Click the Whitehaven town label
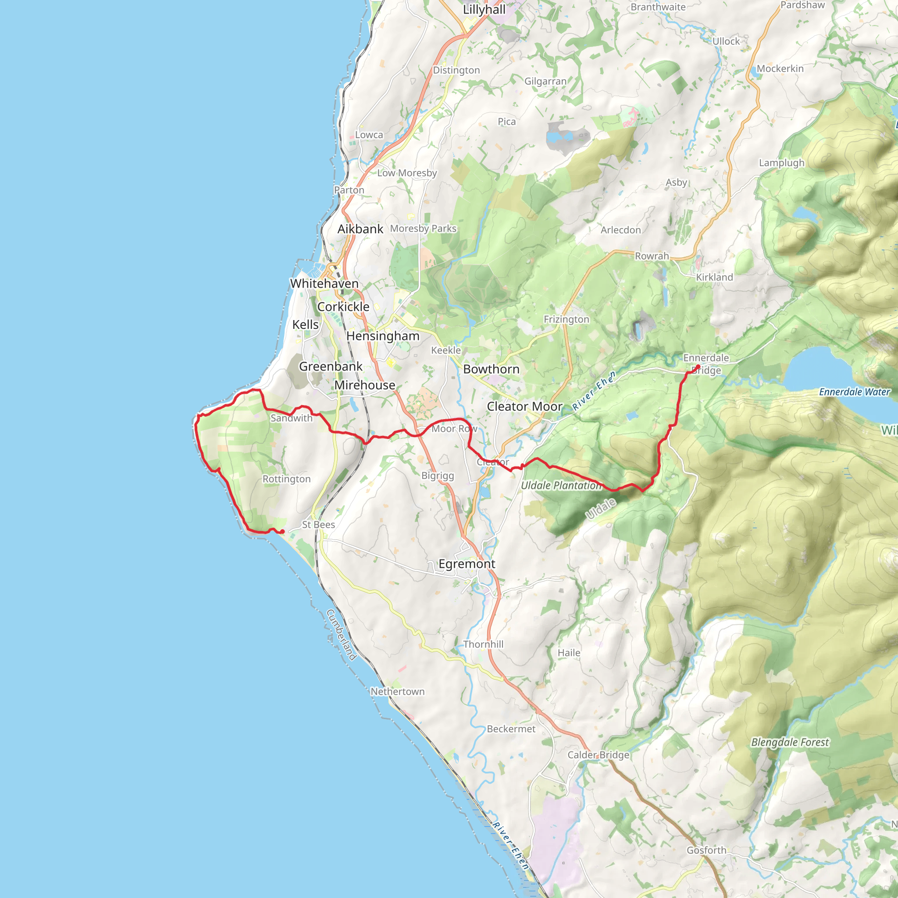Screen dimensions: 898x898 (x=324, y=284)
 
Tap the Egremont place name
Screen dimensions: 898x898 (x=467, y=564)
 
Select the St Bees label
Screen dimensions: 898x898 (x=318, y=525)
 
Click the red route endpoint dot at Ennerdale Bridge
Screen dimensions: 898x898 (x=698, y=367)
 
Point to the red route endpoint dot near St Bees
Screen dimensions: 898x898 (x=282, y=531)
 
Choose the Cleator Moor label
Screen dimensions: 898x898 (x=525, y=407)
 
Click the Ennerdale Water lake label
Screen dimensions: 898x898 (x=854, y=392)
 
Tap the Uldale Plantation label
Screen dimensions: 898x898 (x=561, y=485)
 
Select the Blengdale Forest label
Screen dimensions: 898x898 (x=790, y=742)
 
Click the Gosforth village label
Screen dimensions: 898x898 (x=706, y=850)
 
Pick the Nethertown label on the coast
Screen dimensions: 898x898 (x=397, y=691)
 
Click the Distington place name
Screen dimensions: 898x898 (x=456, y=70)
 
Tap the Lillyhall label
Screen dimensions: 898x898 (x=484, y=10)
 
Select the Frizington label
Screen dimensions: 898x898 (x=566, y=319)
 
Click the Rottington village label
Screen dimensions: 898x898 (x=286, y=479)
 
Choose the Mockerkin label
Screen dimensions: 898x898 (x=780, y=69)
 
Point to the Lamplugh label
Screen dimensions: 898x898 (x=781, y=163)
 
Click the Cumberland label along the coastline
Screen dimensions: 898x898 (x=342, y=635)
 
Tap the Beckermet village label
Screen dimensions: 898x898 (x=511, y=729)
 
